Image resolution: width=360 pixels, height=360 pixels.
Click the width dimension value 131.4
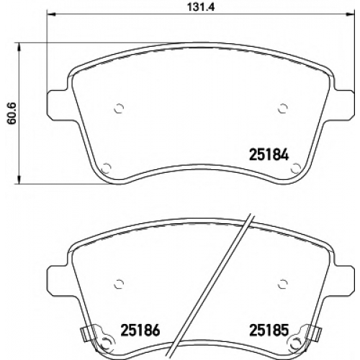201,7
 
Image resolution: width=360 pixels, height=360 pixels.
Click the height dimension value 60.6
12,113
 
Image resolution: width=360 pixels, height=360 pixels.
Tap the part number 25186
140,330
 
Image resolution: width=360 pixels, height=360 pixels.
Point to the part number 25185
269,330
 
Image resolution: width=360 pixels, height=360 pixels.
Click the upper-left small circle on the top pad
119,109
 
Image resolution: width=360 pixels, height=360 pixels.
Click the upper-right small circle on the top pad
283,109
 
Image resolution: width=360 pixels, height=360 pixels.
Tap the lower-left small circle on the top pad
106,168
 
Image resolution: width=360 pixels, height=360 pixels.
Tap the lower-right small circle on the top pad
295,168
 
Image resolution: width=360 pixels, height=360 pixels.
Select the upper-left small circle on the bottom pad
119,284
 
